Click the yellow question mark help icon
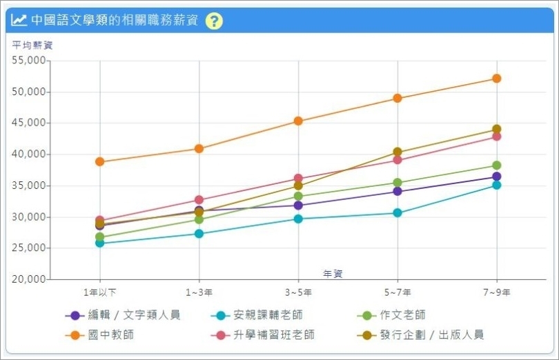point(214,21)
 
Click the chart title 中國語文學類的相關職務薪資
point(115,21)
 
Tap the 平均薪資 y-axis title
point(32,46)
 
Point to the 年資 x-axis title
point(333,274)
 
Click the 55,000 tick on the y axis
point(29,61)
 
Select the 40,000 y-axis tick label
point(29,154)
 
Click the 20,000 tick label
point(29,279)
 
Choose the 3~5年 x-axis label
point(298,292)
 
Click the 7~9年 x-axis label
point(496,292)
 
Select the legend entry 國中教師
point(110,335)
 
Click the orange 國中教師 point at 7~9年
point(496,79)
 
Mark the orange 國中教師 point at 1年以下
point(99,162)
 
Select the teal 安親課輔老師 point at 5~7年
point(398,213)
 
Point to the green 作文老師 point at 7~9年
point(496,166)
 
